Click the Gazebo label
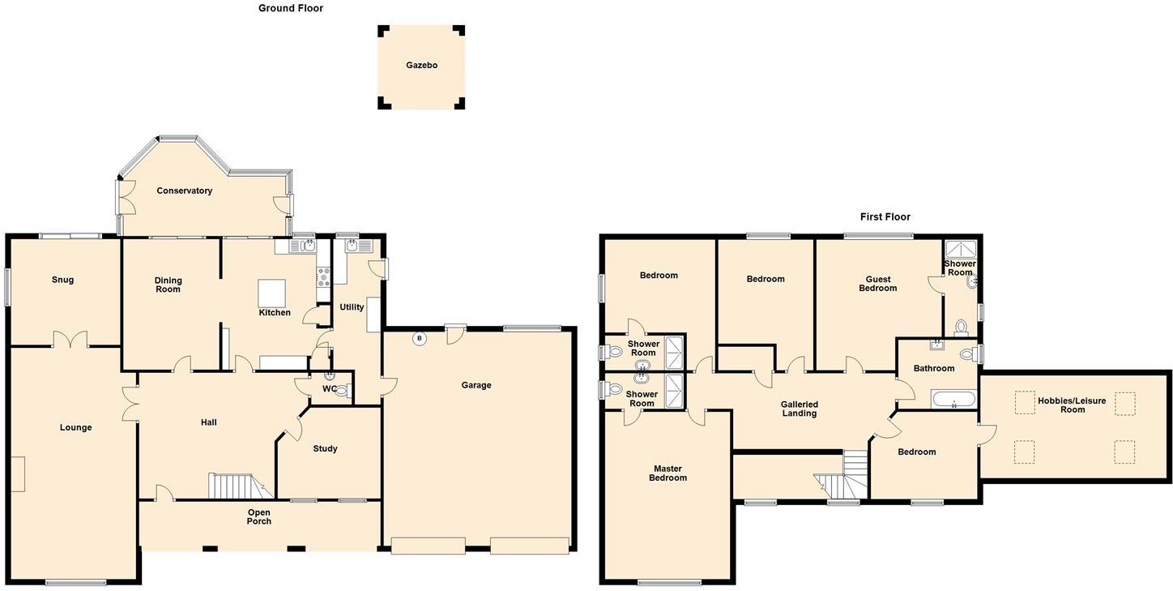coord(421,65)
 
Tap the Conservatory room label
coord(184,191)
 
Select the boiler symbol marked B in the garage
coord(419,339)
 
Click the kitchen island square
coord(271,291)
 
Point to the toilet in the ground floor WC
coord(341,391)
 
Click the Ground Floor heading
coord(290,8)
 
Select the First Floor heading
coord(885,216)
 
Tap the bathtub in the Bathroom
coord(953,399)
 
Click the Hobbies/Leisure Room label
coord(1072,405)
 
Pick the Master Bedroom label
coord(668,473)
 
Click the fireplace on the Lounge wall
coord(17,473)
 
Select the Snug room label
coord(62,280)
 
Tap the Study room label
coord(324,448)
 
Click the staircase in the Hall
coord(232,486)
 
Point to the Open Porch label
coord(258,516)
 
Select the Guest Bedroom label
coord(877,284)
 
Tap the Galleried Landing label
coord(799,409)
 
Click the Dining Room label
coord(168,285)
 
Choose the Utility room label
coord(352,307)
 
